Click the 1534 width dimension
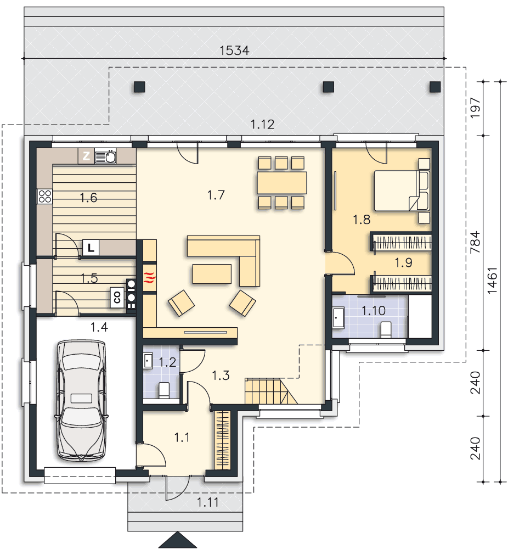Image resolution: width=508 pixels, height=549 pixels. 234,51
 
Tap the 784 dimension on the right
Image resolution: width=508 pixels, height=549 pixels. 475,242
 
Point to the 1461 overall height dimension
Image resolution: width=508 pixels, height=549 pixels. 492,281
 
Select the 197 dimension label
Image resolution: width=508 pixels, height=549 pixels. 475,108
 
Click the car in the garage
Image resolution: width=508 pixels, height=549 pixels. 81,400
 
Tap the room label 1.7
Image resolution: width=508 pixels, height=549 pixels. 216,195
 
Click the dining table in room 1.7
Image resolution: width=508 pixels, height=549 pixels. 281,183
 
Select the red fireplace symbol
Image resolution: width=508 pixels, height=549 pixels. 150,277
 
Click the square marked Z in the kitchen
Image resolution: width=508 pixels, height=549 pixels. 86,156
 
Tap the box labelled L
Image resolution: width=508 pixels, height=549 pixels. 91,248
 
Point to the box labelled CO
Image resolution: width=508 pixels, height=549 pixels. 117,298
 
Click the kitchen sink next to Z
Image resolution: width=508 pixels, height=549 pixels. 105,156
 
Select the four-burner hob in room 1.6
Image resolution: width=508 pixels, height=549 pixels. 45,197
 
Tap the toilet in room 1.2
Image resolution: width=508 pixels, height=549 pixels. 163,390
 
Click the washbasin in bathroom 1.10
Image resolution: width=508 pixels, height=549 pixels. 338,317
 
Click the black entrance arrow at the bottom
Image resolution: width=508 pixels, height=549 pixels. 178,540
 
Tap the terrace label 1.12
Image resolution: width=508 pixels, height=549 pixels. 262,124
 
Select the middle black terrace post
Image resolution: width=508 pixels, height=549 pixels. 328,87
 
